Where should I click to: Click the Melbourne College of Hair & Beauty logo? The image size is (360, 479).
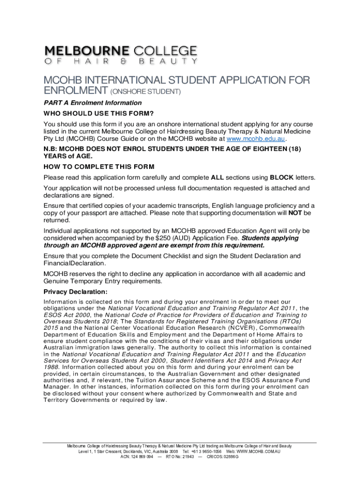(121, 55)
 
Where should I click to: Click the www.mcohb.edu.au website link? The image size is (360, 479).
(255, 139)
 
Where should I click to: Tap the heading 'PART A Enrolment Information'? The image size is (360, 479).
(93, 103)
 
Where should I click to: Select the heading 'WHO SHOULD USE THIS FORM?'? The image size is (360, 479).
(99, 114)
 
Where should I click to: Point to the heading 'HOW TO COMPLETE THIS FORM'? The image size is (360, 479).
(99, 167)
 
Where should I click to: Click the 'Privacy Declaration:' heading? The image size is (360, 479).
(76, 292)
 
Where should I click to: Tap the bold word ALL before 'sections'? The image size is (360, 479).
(217, 178)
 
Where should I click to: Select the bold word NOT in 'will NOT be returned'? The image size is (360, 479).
(295, 213)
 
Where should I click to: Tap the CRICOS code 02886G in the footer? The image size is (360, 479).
(225, 457)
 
